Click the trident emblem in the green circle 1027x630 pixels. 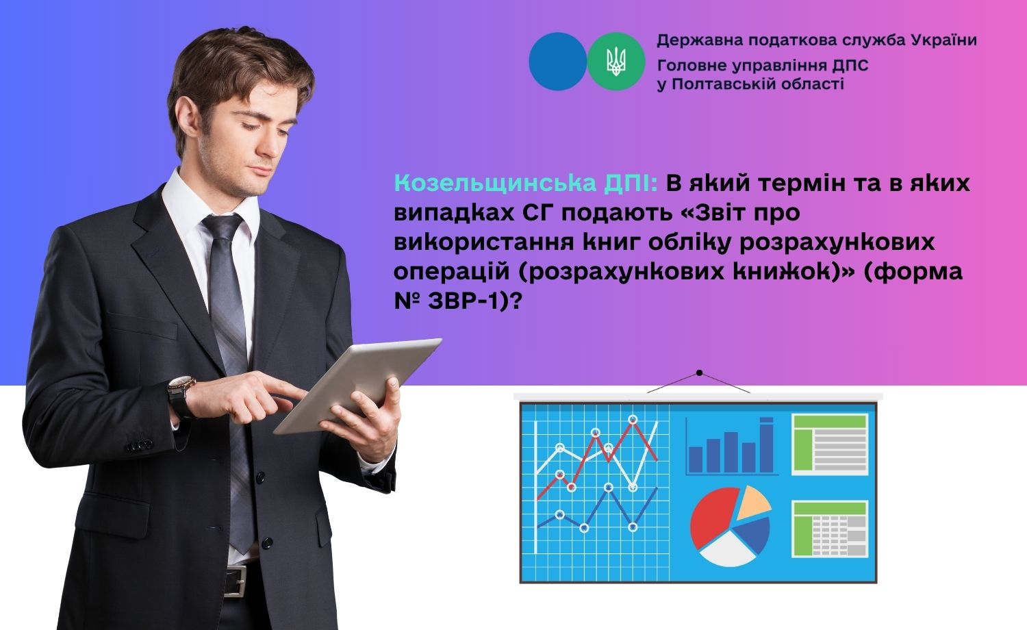coord(616,62)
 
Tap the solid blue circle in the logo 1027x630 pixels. coord(557,62)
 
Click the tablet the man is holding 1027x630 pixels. coord(357,384)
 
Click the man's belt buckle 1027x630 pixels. coord(237,580)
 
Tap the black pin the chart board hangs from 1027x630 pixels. coord(699,373)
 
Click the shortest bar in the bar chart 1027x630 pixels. coord(696,459)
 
